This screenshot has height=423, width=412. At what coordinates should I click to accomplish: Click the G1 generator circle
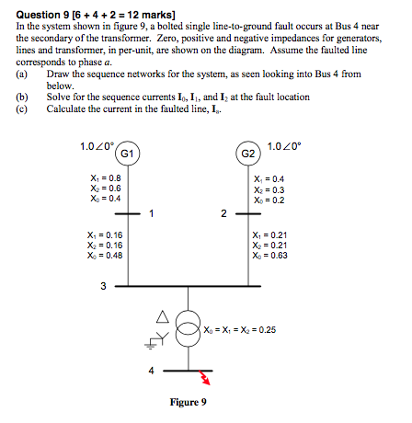[129, 153]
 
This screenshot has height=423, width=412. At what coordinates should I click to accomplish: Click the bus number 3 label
[103, 286]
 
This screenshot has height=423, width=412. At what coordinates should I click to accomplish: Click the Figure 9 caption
[189, 402]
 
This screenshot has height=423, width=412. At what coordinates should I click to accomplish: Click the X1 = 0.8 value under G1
[102, 177]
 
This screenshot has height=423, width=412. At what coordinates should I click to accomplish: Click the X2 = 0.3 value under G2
[268, 189]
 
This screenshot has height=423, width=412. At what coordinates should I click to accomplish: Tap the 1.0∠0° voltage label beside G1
[97, 145]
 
